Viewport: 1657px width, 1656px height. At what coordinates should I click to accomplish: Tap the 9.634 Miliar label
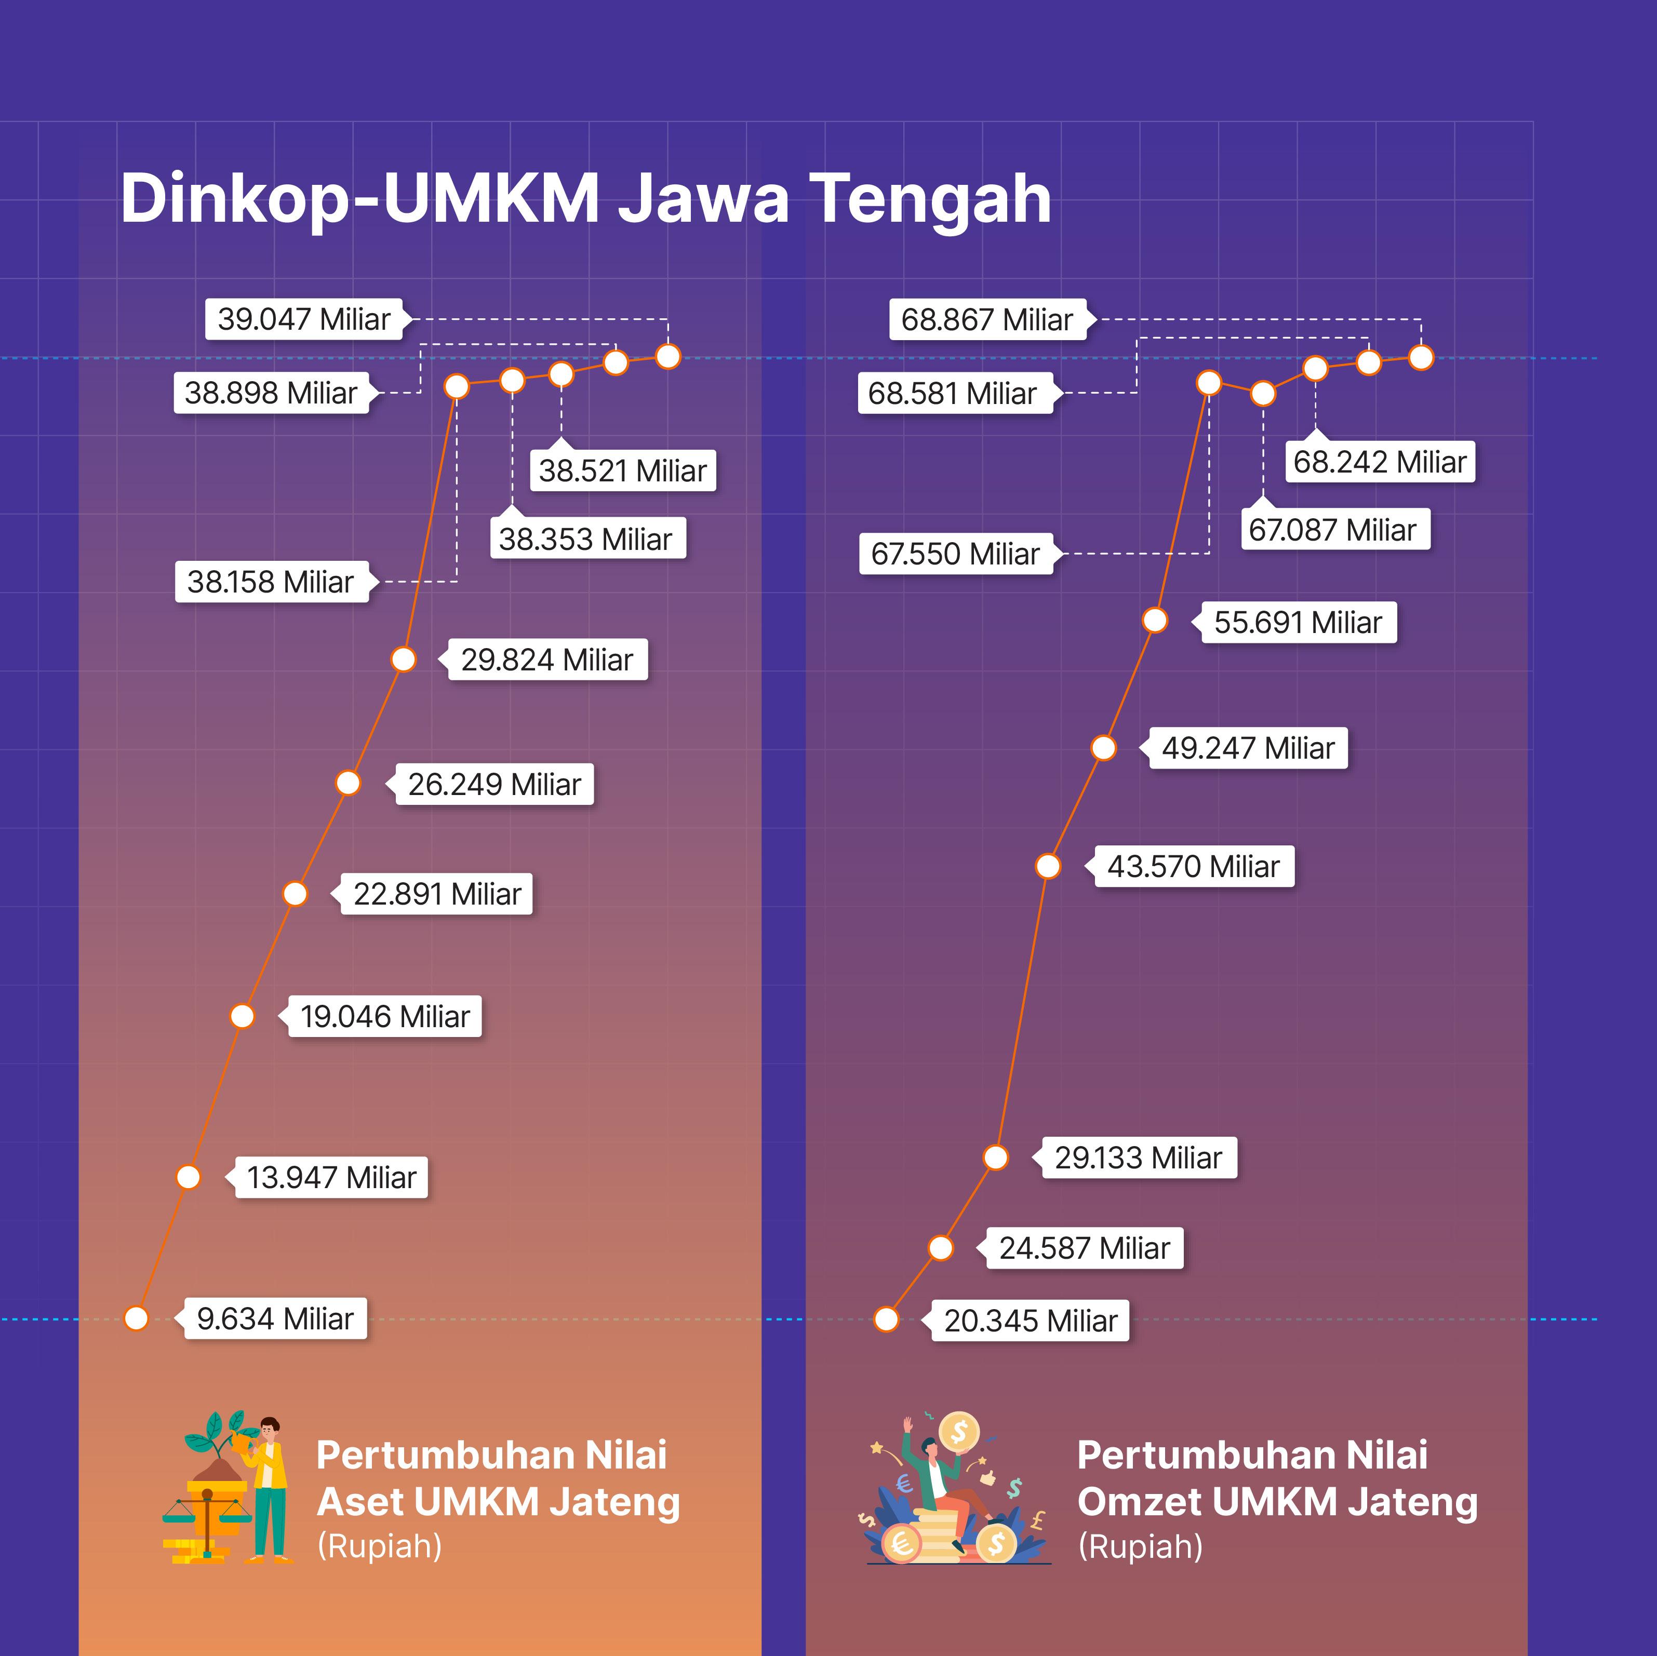point(274,1318)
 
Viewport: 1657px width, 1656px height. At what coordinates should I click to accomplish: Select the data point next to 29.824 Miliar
point(403,659)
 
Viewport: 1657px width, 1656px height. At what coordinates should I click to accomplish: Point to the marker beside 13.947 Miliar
point(188,1177)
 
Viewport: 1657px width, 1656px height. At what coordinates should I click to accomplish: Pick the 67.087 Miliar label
point(1333,530)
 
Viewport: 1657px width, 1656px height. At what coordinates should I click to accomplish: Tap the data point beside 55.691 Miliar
point(1155,620)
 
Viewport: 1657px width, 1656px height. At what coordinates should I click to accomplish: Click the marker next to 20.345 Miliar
point(886,1319)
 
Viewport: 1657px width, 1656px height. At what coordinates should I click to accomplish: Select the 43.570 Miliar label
point(1193,866)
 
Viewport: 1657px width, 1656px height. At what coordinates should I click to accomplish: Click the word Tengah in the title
point(930,199)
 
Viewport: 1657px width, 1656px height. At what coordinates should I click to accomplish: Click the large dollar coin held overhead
point(959,1432)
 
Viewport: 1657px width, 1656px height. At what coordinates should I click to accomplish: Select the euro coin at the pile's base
point(901,1544)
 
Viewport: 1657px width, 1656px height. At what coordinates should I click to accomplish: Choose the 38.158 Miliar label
point(271,582)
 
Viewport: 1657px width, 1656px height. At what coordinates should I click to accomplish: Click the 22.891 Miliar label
point(436,894)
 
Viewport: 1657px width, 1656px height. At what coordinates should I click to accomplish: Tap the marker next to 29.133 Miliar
point(996,1157)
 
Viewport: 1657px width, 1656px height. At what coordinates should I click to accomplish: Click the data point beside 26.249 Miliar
point(348,783)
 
